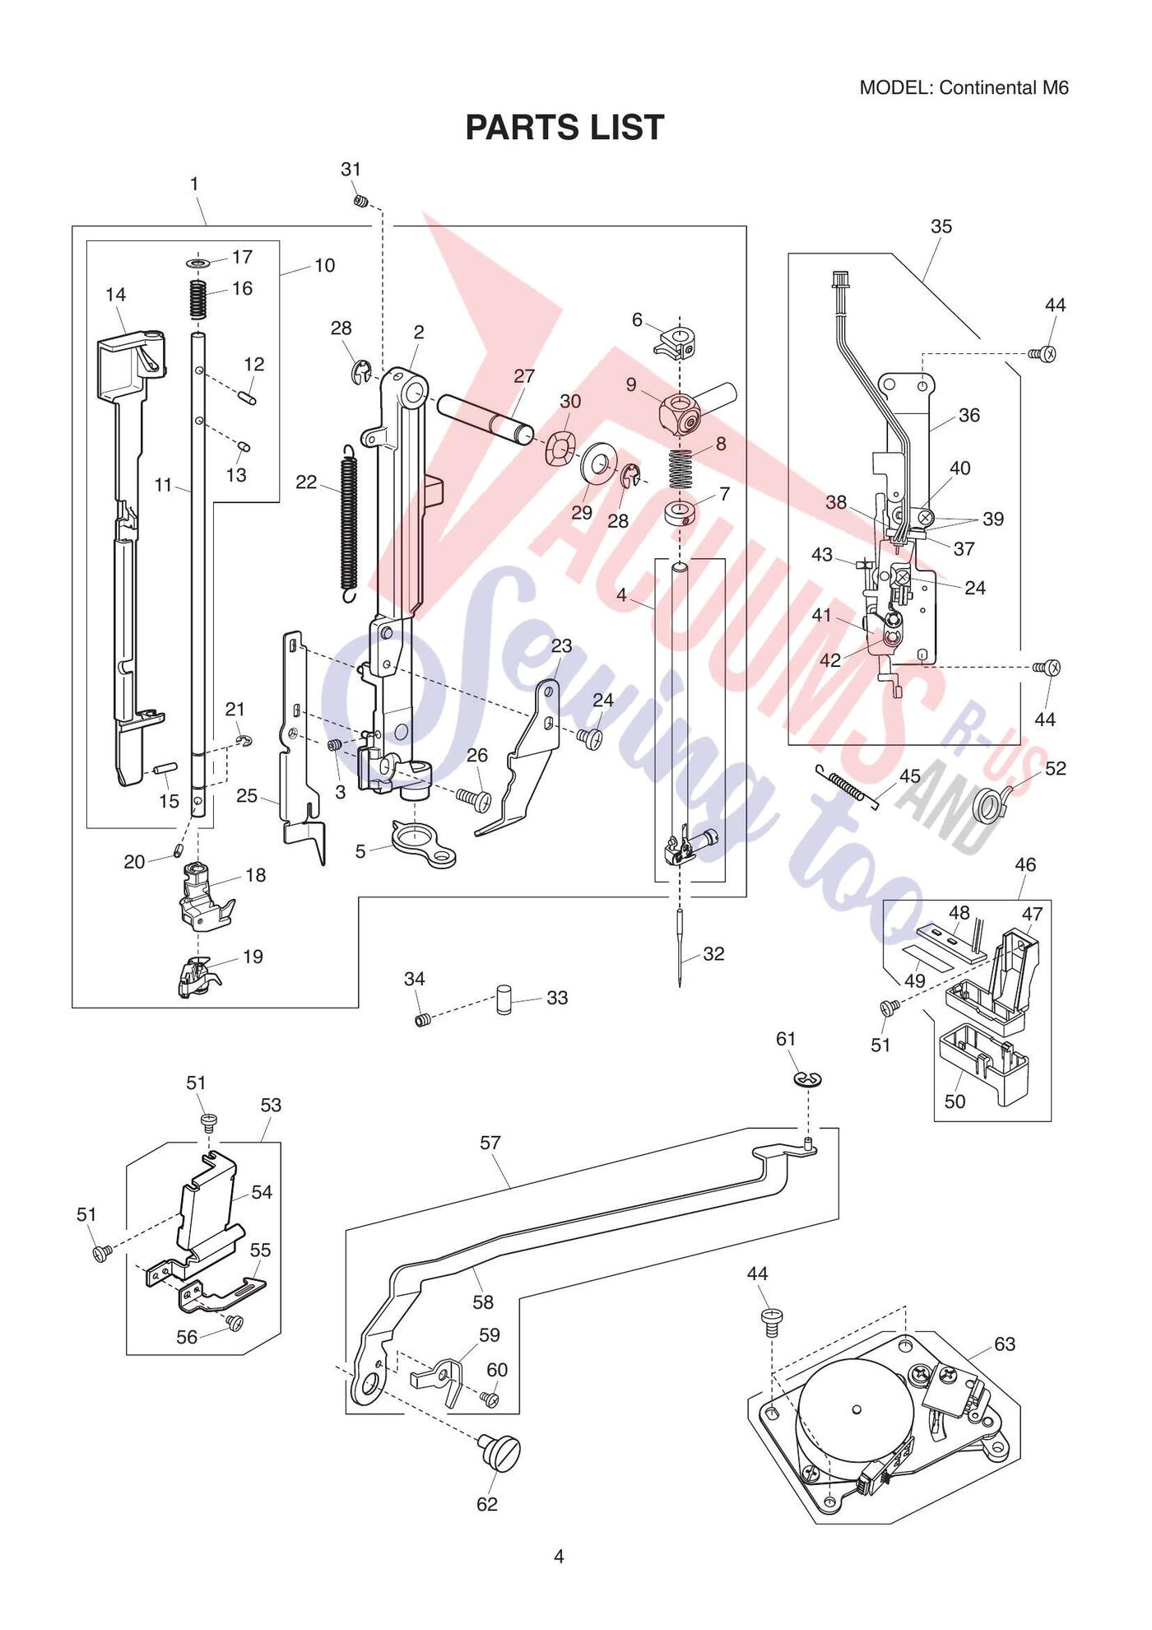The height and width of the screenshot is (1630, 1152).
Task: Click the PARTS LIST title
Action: tap(564, 128)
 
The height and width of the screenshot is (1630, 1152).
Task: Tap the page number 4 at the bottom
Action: tap(559, 1556)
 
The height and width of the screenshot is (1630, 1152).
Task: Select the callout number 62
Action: tap(487, 1504)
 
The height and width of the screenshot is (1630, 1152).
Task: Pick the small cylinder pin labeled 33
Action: tap(504, 998)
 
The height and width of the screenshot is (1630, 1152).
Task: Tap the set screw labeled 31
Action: tap(361, 199)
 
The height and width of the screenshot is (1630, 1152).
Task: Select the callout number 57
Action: tap(490, 1143)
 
